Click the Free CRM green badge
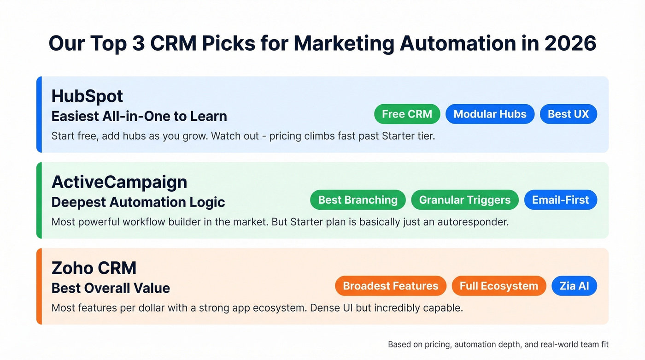click(407, 114)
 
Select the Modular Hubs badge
click(490, 114)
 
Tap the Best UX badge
click(568, 114)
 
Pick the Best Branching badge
click(358, 200)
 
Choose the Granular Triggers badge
click(464, 200)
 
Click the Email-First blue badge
click(560, 200)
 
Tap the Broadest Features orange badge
click(390, 286)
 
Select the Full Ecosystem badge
click(498, 286)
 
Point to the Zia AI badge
click(574, 286)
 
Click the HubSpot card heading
click(87, 96)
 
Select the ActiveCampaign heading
click(119, 182)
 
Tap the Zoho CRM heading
click(94, 268)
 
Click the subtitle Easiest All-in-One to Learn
click(139, 116)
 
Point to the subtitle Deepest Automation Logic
click(138, 202)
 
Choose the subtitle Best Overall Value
click(111, 288)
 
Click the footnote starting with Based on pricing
click(498, 344)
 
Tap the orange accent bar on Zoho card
click(39, 286)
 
